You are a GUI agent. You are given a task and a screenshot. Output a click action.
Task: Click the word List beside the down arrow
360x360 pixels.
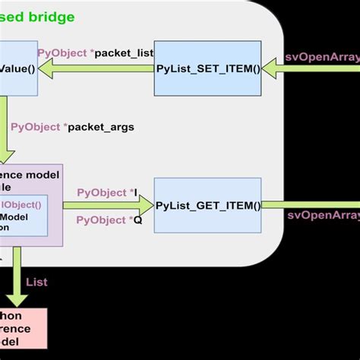[36, 282]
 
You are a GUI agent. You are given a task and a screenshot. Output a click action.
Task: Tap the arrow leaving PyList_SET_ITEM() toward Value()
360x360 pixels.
[96, 70]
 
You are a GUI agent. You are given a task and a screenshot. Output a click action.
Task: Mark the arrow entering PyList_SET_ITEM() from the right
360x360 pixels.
[311, 70]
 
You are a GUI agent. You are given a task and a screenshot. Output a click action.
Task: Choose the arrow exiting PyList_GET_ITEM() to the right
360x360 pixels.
[311, 205]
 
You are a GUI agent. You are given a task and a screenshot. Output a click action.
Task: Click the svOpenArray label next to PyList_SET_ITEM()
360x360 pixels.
[322, 55]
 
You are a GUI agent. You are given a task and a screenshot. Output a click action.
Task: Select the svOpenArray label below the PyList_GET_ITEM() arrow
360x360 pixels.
[322, 216]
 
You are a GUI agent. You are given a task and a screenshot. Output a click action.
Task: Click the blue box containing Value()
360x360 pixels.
[17, 69]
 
